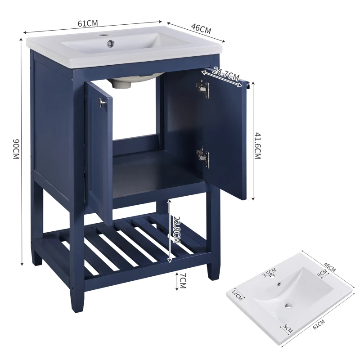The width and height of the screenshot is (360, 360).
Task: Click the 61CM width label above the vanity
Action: pos(88,23)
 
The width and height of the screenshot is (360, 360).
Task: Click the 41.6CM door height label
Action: pos(257,145)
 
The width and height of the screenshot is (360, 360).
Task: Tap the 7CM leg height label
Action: pos(183,282)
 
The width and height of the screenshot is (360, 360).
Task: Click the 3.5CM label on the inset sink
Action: pos(269,272)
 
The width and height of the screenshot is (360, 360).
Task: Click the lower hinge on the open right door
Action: pos(203,156)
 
